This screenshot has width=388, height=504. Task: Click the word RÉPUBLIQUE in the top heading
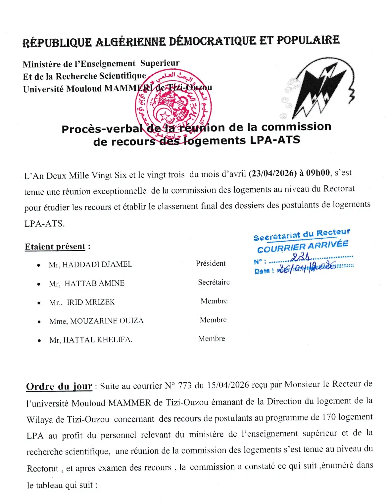[x=57, y=43]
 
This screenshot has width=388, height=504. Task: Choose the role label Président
[x=211, y=263]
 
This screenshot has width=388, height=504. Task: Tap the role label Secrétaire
[x=214, y=282]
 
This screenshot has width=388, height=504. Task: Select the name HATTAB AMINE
[x=94, y=283]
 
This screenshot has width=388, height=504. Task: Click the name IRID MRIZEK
[x=91, y=302]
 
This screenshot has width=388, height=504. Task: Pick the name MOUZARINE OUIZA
[x=107, y=321]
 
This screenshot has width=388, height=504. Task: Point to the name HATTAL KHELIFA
[x=97, y=340]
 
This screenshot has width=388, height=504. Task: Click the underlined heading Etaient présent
[x=55, y=247]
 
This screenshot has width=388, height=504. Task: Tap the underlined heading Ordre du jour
[x=59, y=386]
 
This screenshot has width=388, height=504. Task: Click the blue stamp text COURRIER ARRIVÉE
[x=303, y=246]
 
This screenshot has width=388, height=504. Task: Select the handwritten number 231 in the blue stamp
[x=301, y=257]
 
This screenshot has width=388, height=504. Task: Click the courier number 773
[x=185, y=386]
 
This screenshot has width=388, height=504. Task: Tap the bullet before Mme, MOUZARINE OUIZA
[x=39, y=321]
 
